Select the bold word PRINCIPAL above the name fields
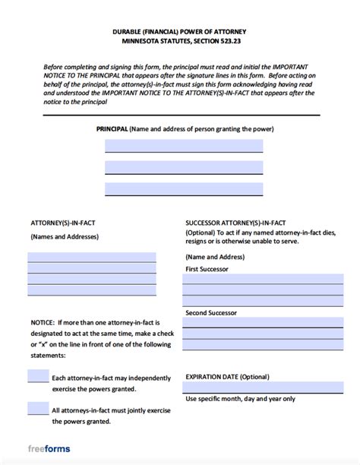click(112, 129)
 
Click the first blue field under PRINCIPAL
click(183, 146)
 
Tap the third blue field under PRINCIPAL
click(183, 189)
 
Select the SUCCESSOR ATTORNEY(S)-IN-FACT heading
click(235, 223)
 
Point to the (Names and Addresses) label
click(65, 237)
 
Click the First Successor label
click(207, 269)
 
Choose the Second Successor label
click(210, 312)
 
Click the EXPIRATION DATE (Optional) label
click(227, 376)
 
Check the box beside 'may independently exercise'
click(38, 376)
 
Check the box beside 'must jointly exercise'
click(38, 409)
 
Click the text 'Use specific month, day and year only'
click(240, 399)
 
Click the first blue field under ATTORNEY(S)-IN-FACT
click(92, 258)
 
